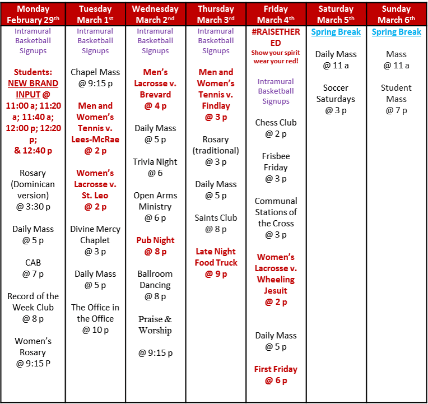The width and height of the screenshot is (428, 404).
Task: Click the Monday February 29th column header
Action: pyautogui.click(x=33, y=14)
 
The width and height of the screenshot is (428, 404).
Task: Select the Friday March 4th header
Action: pyautogui.click(x=276, y=14)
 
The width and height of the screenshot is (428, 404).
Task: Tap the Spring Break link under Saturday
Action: pyautogui.click(x=336, y=32)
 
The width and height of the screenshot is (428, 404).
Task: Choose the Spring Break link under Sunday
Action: pyautogui.click(x=396, y=32)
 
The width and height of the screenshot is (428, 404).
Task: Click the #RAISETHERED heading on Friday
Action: pyautogui.click(x=276, y=37)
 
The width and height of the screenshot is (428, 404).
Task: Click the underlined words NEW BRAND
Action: pyautogui.click(x=33, y=83)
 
